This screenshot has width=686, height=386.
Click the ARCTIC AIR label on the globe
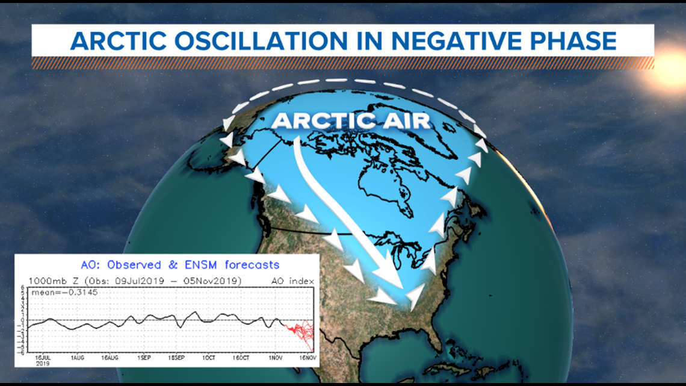tap(351, 120)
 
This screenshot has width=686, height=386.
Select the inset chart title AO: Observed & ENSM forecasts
tap(180, 264)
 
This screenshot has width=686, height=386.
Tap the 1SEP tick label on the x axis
tap(143, 358)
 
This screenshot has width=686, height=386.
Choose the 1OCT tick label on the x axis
tap(208, 358)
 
